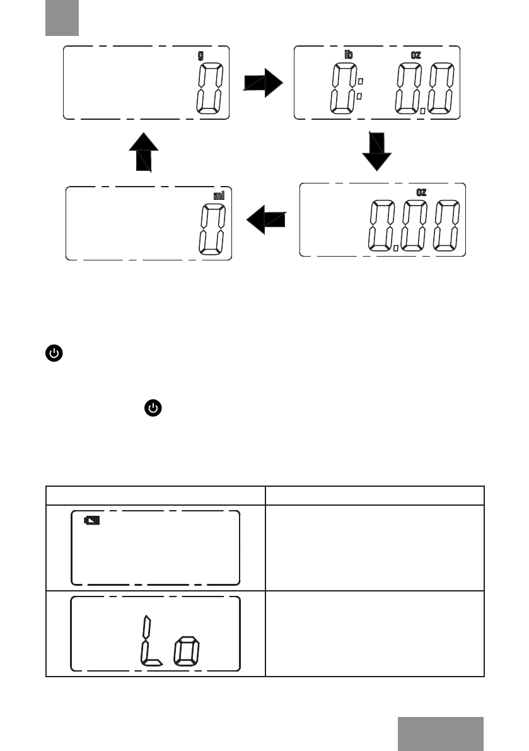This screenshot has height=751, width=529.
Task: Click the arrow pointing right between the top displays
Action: [x=264, y=82]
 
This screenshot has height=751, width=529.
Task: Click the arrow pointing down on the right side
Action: [x=377, y=151]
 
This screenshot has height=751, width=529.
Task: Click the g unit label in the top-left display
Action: [x=201, y=55]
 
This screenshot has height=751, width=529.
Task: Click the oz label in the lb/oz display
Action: [x=416, y=55]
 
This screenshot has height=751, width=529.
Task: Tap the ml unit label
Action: [x=219, y=195]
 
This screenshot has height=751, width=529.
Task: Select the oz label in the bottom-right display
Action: [x=421, y=192]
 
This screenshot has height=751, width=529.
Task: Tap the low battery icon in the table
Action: [x=92, y=521]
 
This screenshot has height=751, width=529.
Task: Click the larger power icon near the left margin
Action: [x=54, y=353]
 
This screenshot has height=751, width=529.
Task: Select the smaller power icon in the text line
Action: [x=153, y=409]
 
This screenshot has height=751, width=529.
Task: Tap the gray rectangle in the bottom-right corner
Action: [x=441, y=733]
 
